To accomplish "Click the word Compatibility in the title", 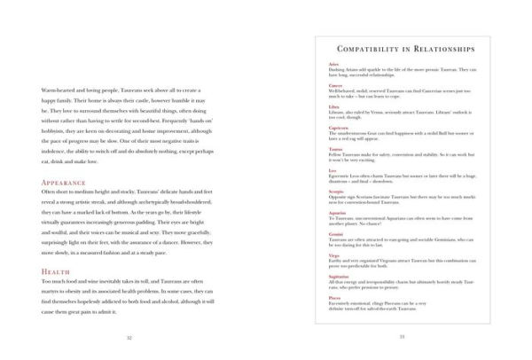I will click(370, 49).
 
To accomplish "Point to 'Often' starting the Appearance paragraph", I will click(51, 195).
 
